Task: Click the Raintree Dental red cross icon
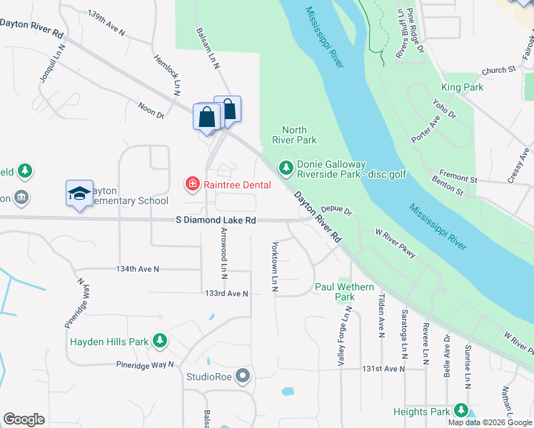point(192,185)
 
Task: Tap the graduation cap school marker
point(80,193)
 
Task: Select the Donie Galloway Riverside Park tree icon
point(286,168)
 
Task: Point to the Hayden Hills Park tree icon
point(161,342)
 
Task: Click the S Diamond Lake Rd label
point(216,221)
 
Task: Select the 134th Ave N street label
point(138,269)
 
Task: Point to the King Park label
point(462,88)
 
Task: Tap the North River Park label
point(294,135)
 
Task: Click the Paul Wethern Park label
point(344,292)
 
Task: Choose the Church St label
point(498,70)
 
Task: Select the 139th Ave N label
point(106,23)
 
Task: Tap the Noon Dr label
point(151,111)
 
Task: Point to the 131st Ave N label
point(383,369)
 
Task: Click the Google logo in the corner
point(24,419)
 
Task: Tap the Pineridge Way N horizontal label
point(146,365)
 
